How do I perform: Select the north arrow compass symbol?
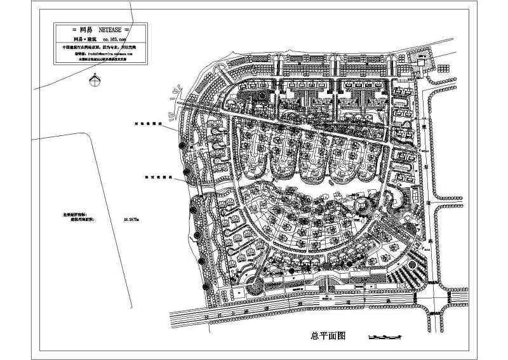pyautogui.click(x=95, y=79)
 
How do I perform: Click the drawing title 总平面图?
pyautogui.click(x=326, y=337)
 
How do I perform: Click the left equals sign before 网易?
pyautogui.click(x=60, y=30)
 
